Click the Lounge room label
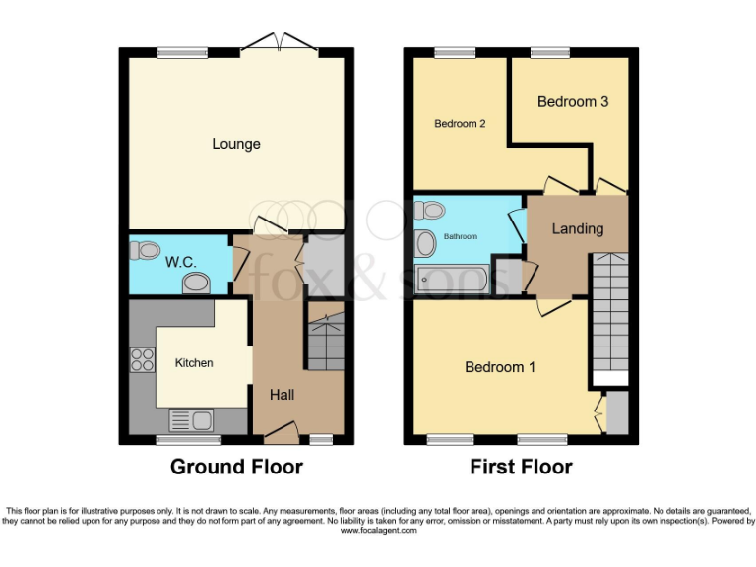click(x=236, y=144)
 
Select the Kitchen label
click(x=194, y=363)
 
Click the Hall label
click(x=282, y=395)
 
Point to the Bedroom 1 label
click(x=500, y=367)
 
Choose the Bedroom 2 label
click(x=462, y=124)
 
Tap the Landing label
click(x=577, y=228)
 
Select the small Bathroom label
click(x=460, y=237)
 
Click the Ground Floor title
click(x=236, y=467)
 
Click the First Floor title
click(x=521, y=467)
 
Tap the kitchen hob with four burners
click(x=141, y=361)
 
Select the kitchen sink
click(x=192, y=420)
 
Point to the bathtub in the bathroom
click(x=452, y=280)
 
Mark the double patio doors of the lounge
click(x=280, y=42)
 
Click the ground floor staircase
click(x=325, y=342)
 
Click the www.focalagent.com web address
click(x=378, y=530)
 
